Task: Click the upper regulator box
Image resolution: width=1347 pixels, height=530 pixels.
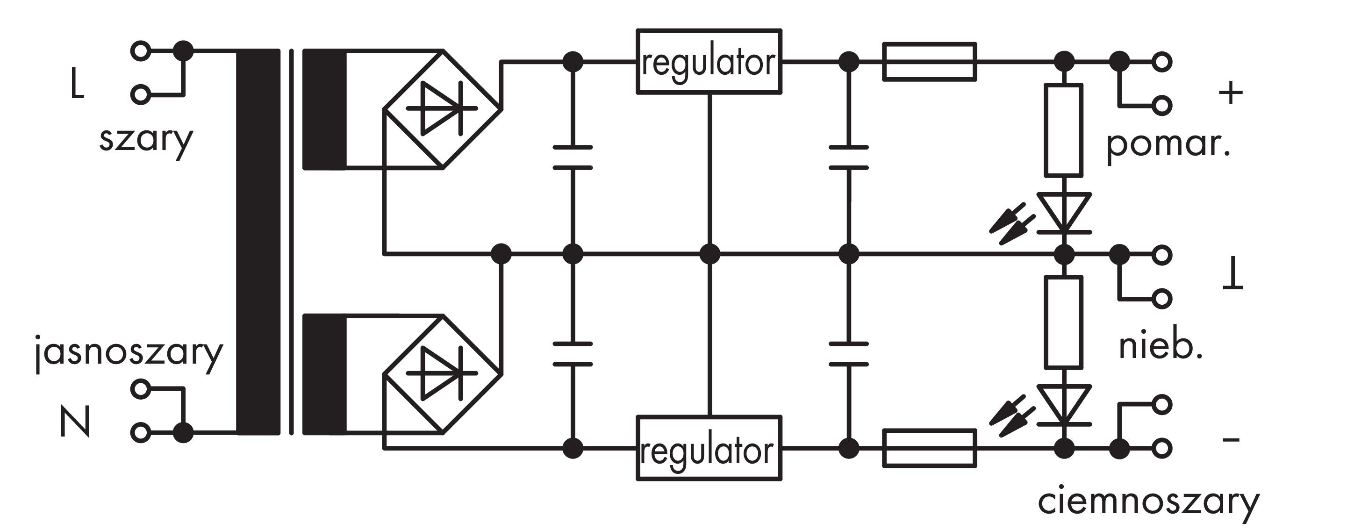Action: point(709,62)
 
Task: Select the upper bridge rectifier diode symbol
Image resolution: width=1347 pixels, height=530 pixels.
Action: point(442,109)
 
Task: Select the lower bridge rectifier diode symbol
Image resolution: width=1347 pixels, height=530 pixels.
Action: point(442,373)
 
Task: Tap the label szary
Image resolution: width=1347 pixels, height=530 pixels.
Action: point(146,140)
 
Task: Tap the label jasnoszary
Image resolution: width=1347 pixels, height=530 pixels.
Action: point(129,352)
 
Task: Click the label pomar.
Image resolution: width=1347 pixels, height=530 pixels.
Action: point(1168,145)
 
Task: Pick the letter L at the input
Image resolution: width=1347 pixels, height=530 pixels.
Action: point(76,85)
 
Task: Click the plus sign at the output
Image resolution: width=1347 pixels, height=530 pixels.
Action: point(1231,94)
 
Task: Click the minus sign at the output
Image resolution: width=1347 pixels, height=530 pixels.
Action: point(1231,439)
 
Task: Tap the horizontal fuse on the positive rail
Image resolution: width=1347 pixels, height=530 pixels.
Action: point(929,62)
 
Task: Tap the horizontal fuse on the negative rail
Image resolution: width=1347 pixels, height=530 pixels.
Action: point(929,448)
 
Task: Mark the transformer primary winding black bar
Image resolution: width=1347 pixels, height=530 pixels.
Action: point(258,242)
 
